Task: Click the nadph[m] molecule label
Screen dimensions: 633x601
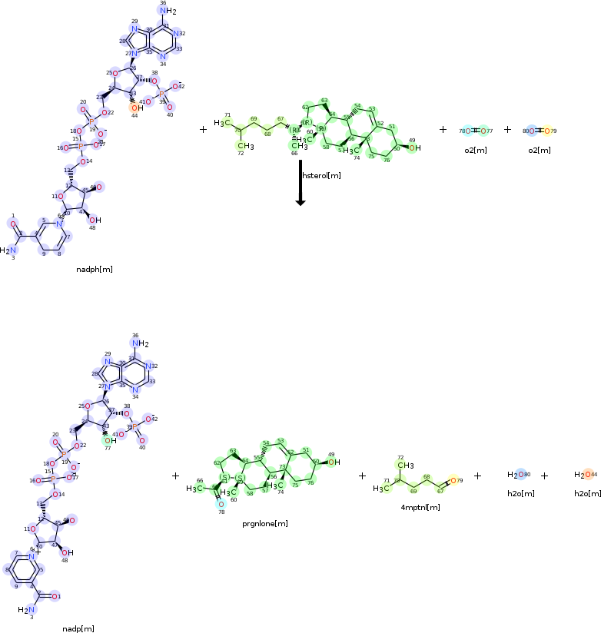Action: (x=95, y=270)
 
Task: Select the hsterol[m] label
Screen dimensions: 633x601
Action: (x=321, y=176)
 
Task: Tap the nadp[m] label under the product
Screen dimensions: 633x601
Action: (x=78, y=628)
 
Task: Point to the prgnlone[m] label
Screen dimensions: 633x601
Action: (x=266, y=523)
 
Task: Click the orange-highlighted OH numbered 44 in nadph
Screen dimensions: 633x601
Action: (x=135, y=108)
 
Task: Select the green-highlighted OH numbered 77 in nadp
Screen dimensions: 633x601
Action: (x=111, y=440)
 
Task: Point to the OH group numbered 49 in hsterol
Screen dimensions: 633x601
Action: (x=414, y=147)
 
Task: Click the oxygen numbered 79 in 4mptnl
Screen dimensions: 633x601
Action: (x=453, y=481)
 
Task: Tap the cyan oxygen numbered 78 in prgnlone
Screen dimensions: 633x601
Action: (x=221, y=505)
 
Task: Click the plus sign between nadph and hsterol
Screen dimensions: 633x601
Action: (x=203, y=130)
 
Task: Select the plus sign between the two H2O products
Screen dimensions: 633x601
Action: (x=544, y=476)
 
